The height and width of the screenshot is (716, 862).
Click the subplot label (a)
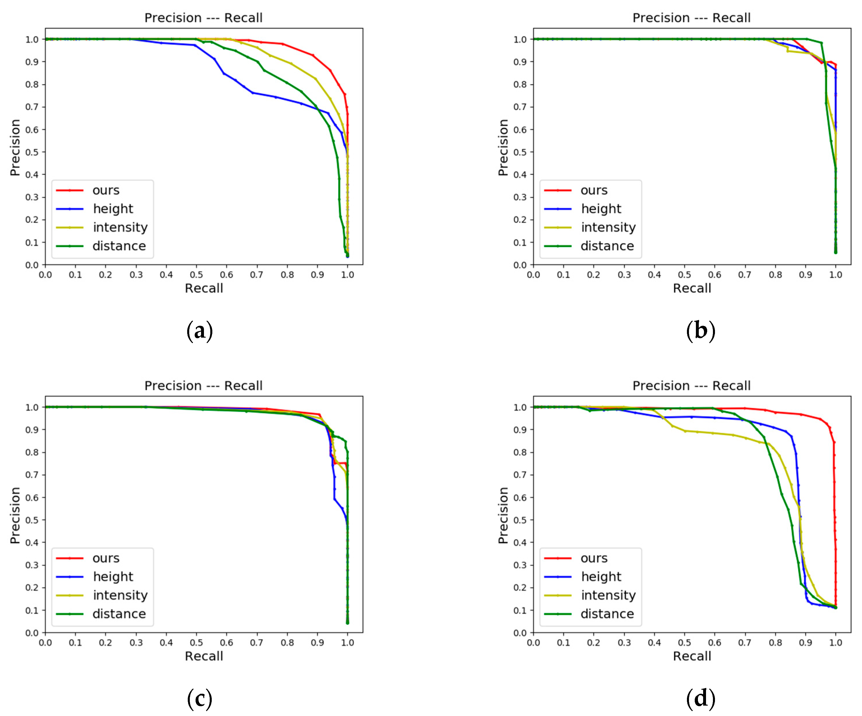tap(200, 331)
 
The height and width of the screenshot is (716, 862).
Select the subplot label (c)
tap(200, 699)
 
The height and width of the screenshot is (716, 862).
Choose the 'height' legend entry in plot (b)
tap(601, 209)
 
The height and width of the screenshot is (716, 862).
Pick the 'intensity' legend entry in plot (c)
tap(120, 595)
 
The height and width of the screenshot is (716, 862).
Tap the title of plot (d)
tap(691, 386)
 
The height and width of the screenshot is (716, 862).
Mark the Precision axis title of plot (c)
tap(15, 515)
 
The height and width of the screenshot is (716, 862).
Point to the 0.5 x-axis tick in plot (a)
tap(196, 274)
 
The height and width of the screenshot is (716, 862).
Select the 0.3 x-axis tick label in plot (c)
tap(136, 643)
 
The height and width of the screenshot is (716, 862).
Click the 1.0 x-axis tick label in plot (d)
tap(836, 643)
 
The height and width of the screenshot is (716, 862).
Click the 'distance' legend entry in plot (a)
tap(119, 246)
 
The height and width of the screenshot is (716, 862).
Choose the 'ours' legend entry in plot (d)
tap(594, 558)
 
